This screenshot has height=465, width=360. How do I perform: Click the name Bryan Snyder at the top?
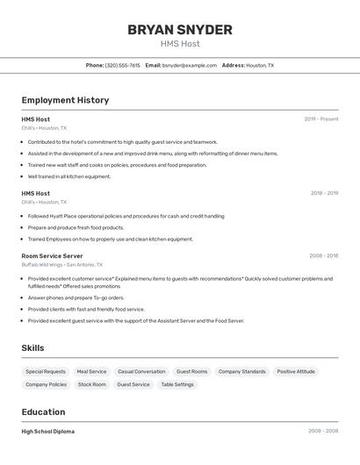(179, 30)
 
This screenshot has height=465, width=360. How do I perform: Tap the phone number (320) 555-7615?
(122, 66)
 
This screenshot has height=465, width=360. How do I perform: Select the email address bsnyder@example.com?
(189, 66)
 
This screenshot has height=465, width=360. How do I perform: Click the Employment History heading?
(65, 100)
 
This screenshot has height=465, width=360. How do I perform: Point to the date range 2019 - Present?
(321, 119)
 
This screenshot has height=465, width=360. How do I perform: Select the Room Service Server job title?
(52, 256)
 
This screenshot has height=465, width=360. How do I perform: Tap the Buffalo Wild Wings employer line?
(61, 265)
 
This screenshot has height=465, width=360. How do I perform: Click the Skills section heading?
(32, 348)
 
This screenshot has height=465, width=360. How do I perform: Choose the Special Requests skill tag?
(46, 372)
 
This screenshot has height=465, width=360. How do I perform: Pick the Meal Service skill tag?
(91, 372)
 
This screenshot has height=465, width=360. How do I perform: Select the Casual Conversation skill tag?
(141, 372)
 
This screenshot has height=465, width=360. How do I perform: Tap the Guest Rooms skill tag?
(191, 372)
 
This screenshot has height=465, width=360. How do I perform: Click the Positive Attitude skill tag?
(296, 372)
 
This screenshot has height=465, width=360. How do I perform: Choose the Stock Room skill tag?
(91, 384)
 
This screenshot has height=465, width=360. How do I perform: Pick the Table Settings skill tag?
(177, 384)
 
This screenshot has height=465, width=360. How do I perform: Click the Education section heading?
(43, 412)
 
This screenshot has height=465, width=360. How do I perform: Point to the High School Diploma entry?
(47, 432)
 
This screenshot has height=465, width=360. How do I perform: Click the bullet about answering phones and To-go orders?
(76, 297)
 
